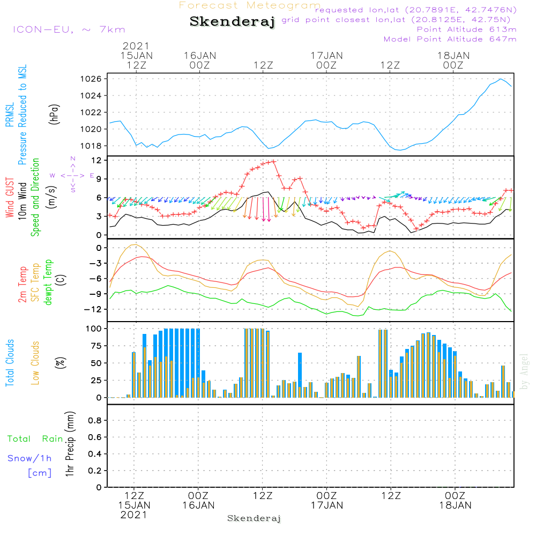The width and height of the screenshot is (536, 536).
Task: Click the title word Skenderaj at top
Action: click(233, 22)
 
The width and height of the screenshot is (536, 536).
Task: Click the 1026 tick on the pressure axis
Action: click(92, 79)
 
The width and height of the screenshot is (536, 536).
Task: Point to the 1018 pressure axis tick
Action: click(92, 146)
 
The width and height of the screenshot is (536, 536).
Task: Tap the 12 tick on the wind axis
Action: click(96, 160)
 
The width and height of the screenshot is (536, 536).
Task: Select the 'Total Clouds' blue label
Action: click(10, 363)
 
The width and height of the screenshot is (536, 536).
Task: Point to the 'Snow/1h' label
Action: click(29, 458)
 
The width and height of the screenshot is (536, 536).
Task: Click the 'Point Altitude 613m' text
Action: click(466, 29)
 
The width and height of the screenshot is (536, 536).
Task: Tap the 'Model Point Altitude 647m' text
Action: click(450, 39)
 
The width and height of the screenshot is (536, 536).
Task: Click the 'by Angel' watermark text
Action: click(524, 371)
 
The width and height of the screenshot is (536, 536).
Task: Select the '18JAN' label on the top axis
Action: click(453, 55)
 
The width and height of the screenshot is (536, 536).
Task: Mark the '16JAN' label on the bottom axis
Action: click(198, 505)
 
